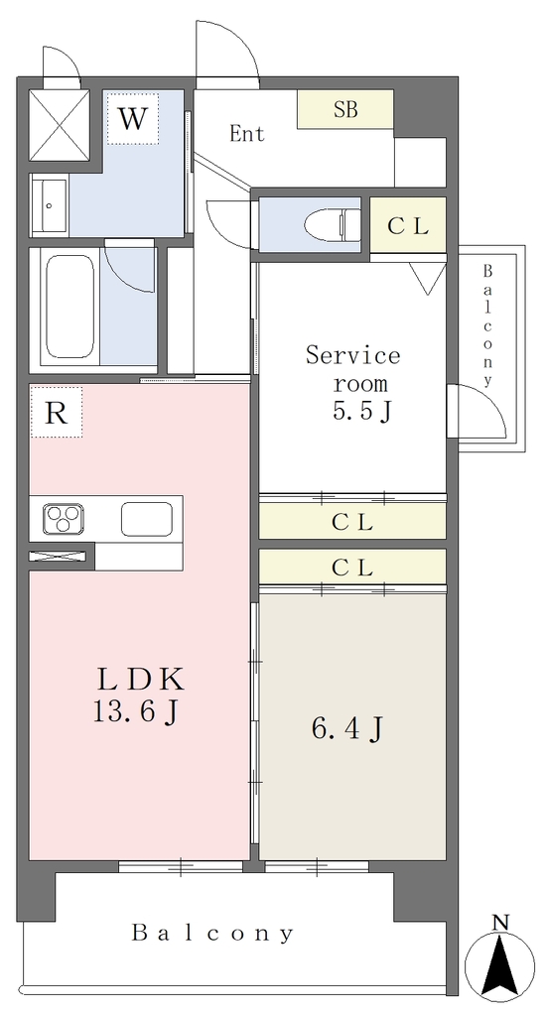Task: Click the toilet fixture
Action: coord(333,224)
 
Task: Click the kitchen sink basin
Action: coord(147,519)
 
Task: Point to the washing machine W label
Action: coord(132,119)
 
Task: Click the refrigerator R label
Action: coord(56,412)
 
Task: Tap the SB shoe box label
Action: coord(345,109)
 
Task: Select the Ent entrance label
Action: coord(247,134)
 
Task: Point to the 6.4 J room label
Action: coord(347,729)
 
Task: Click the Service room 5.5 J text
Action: coord(352,383)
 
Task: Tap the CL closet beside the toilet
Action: coord(408,225)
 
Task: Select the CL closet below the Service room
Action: coord(352,521)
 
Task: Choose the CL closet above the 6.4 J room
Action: coord(352,568)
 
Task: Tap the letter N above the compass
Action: coord(500,922)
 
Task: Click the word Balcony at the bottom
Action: coord(213,933)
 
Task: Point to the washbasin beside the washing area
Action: coord(50,204)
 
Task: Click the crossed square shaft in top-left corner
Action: coord(60,125)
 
